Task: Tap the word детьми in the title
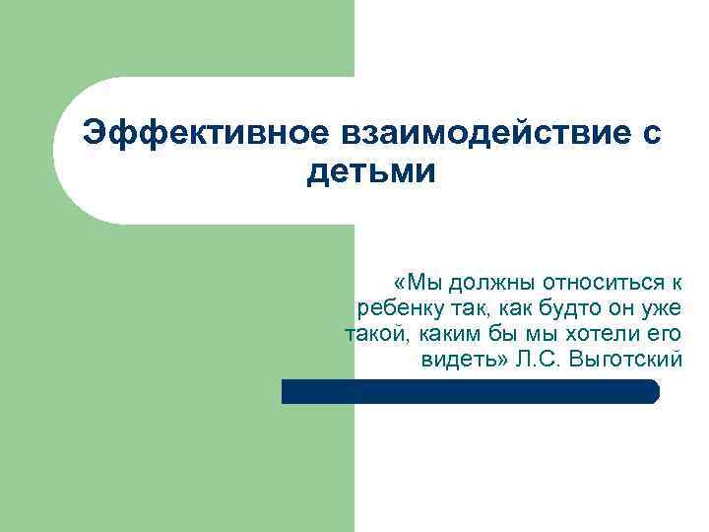pyautogui.click(x=370, y=172)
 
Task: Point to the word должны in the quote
pyautogui.click(x=484, y=283)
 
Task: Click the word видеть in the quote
pyautogui.click(x=459, y=360)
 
